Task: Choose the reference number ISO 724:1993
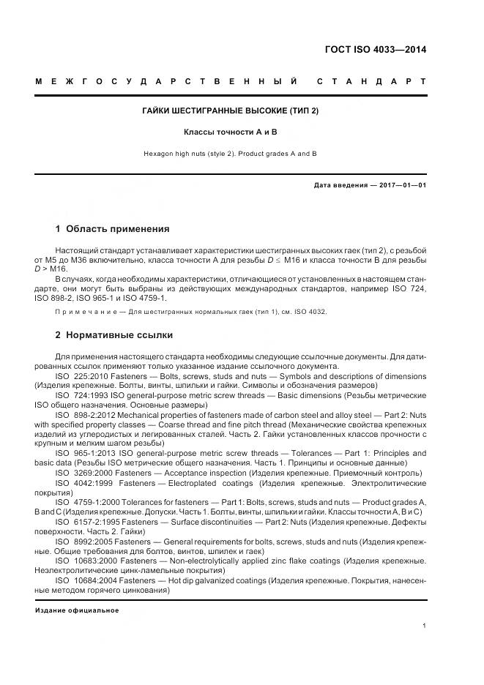point(81,395)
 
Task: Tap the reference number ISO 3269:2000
point(82,473)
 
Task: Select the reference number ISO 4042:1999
point(82,483)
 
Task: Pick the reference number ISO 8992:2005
point(82,542)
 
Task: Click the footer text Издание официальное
point(77,610)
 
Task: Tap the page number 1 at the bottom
point(424,625)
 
